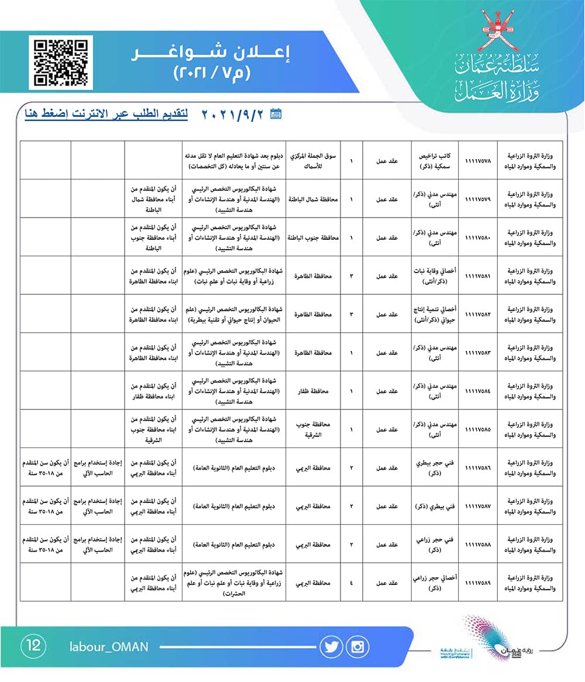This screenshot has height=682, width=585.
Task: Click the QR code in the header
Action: pyautogui.click(x=61, y=62)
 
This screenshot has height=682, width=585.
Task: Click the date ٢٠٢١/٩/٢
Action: pyautogui.click(x=234, y=114)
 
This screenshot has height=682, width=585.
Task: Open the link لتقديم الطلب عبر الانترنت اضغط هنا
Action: pyautogui.click(x=106, y=114)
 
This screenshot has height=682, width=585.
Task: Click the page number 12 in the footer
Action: pyautogui.click(x=33, y=646)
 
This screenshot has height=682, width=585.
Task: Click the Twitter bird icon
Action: pyautogui.click(x=331, y=646)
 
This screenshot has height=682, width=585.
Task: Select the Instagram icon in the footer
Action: pyautogui.click(x=357, y=646)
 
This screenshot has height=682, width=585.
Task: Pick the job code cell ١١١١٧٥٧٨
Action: pyautogui.click(x=477, y=160)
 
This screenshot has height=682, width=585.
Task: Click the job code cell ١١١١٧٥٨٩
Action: pyautogui.click(x=477, y=583)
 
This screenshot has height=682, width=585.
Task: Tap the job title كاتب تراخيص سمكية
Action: pyautogui.click(x=434, y=160)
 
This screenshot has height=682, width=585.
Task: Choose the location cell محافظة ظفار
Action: pyautogui.click(x=315, y=390)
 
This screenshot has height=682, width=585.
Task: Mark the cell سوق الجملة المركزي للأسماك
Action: pyautogui.click(x=315, y=160)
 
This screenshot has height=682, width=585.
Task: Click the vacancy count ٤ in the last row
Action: pyautogui.click(x=352, y=583)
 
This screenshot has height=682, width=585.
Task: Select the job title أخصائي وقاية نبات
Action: pyautogui.click(x=434, y=275)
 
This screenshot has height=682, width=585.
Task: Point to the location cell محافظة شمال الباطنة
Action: pyautogui.click(x=315, y=198)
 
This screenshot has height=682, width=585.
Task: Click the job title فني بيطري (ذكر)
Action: pyautogui.click(x=434, y=506)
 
